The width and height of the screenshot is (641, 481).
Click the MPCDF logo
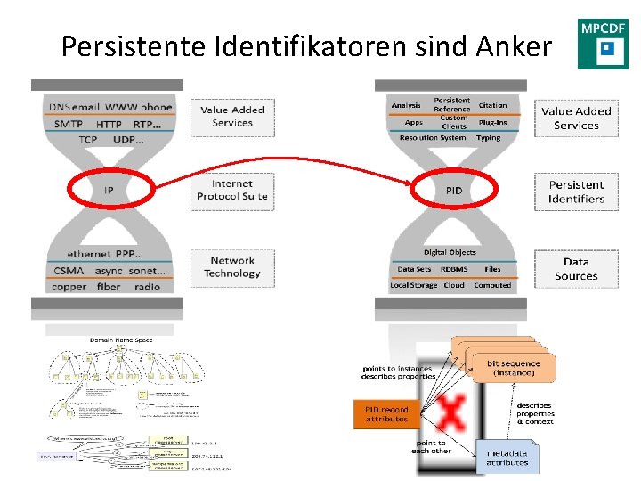[x=603, y=44]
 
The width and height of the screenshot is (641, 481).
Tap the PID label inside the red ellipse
[x=454, y=191]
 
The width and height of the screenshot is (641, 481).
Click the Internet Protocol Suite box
[x=231, y=190]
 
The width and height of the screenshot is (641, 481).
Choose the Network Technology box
[x=231, y=267]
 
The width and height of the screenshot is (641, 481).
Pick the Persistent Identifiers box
[x=575, y=192]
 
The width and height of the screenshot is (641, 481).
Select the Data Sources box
[x=575, y=269]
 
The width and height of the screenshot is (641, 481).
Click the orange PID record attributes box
[x=386, y=414]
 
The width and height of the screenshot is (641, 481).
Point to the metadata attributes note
[x=507, y=457]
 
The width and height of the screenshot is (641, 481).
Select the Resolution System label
[x=432, y=138]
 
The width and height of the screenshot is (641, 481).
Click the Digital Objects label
[x=450, y=252]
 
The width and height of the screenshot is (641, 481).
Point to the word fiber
[x=109, y=287]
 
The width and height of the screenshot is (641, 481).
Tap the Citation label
[x=492, y=105]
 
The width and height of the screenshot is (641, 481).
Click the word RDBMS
[x=454, y=269]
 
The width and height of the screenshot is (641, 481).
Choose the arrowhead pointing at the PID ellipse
[x=411, y=184]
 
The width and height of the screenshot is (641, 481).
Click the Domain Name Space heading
[x=121, y=339]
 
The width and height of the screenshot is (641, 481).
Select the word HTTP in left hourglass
[x=109, y=124]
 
